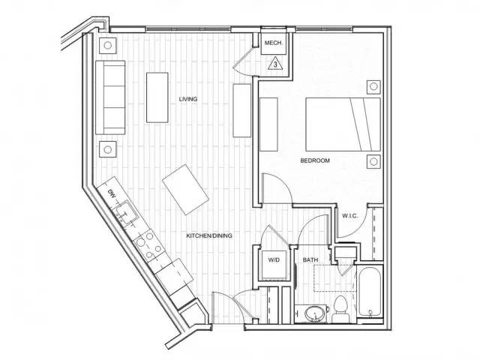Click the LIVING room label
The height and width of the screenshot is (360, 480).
click(x=187, y=99)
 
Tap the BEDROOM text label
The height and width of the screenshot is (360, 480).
click(x=315, y=160)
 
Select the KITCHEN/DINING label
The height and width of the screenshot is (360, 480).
click(x=209, y=235)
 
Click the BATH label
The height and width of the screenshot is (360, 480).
click(x=310, y=260)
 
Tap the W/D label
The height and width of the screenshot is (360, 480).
click(x=274, y=260)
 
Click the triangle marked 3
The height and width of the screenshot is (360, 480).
click(x=276, y=64)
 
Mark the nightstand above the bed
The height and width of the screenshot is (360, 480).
click(x=371, y=85)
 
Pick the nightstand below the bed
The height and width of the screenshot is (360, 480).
click(x=372, y=161)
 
